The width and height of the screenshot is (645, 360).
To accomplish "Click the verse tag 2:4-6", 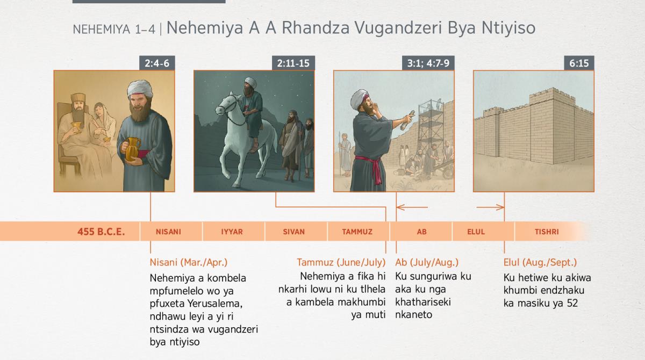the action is (157, 63).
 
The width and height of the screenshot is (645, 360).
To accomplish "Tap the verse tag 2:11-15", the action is (293, 63).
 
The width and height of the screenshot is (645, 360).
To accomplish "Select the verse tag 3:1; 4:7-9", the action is (428, 63).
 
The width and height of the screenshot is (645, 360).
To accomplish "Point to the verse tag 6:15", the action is (579, 63).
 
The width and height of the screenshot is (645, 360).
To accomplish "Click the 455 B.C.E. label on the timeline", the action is (101, 232).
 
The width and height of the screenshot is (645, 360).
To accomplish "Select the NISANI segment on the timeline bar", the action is (168, 232).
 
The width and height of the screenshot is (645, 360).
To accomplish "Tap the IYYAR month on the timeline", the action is (232, 232).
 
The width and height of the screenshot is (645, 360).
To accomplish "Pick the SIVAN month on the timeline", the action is (293, 232).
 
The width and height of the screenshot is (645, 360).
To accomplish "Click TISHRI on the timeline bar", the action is (547, 232).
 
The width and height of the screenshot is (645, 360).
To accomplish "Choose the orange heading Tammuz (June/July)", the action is (341, 262).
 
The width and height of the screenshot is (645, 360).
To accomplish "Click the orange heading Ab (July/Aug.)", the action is (427, 262).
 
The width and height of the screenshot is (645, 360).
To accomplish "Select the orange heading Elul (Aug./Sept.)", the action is (540, 262).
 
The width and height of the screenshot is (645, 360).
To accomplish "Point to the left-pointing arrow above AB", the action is (412, 207).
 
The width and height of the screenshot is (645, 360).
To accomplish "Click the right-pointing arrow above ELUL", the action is (490, 207).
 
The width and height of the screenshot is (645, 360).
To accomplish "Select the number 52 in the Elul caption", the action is (572, 303).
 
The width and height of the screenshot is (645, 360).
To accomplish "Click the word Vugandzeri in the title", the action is (398, 28).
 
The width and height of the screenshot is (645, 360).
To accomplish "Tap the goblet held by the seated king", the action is (76, 127).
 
